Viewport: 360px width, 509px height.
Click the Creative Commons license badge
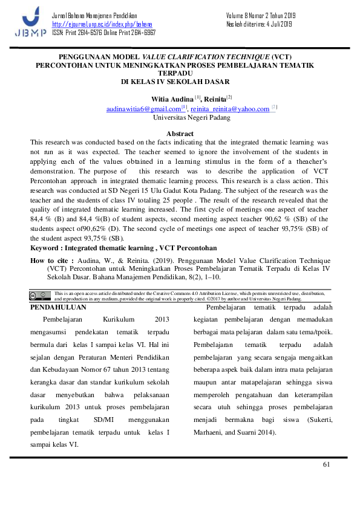pos(41,296)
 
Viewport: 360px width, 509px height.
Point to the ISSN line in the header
pos(103,31)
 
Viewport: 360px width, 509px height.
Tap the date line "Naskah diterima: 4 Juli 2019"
pos(259,24)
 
